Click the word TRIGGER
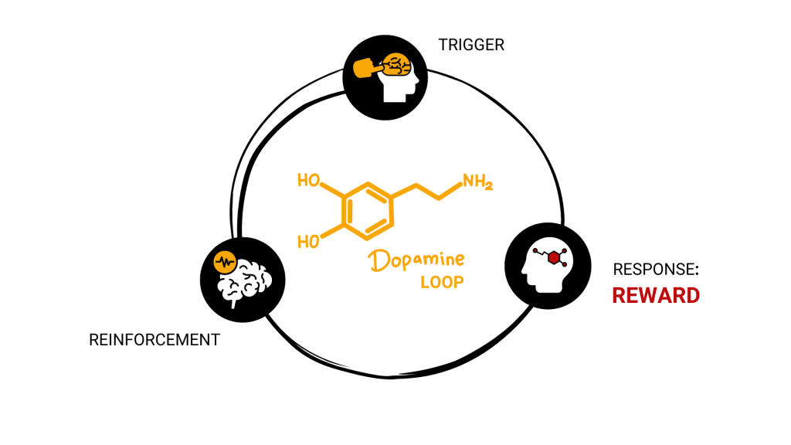pyautogui.click(x=471, y=45)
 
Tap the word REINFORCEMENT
pyautogui.click(x=154, y=339)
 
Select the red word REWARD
pyautogui.click(x=656, y=295)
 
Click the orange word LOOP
pyautogui.click(x=442, y=282)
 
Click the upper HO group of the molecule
pyautogui.click(x=309, y=182)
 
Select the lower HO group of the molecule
pyautogui.click(x=309, y=241)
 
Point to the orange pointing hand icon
pyautogui.click(x=367, y=69)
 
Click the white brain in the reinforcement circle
pyautogui.click(x=245, y=280)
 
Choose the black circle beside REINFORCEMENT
pyautogui.click(x=242, y=275)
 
